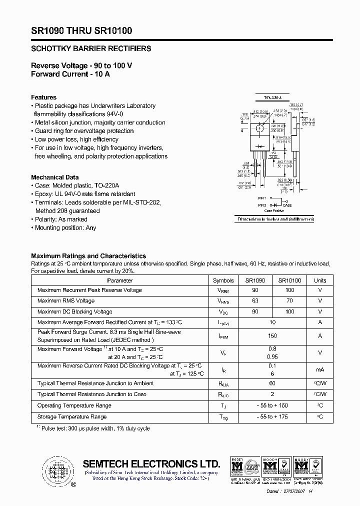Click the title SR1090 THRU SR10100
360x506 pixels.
tap(81, 30)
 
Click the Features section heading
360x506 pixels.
tap(43, 97)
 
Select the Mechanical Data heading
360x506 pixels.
tap(54, 177)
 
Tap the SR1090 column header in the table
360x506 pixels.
tap(255, 280)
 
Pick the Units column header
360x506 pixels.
tap(320, 280)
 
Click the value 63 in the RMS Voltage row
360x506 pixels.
tap(255, 301)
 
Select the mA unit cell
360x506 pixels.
tap(320, 369)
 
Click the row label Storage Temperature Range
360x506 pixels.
tap(71, 417)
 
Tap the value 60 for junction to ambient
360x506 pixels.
tap(272, 383)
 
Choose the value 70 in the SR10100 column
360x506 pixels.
tap(289, 301)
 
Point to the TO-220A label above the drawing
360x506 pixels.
tap(272, 97)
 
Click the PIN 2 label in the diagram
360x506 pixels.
tap(262, 205)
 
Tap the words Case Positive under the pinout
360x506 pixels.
tap(274, 211)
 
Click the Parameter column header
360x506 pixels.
tap(120, 280)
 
